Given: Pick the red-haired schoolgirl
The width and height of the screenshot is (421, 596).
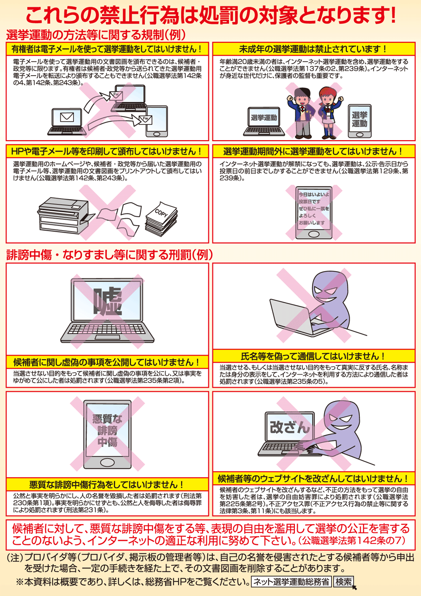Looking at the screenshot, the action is (329, 112).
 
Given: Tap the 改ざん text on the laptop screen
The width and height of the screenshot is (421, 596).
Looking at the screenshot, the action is (290, 428).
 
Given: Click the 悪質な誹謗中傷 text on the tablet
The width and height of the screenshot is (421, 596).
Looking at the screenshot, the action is (108, 430).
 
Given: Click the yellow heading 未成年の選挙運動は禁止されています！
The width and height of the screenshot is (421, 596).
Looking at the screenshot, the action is (313, 49).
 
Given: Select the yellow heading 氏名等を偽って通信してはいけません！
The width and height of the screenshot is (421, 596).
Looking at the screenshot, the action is (313, 356).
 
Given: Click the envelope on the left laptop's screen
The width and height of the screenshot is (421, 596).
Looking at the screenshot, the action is (67, 117).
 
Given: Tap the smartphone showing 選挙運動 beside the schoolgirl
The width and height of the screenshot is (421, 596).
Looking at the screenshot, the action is (360, 121).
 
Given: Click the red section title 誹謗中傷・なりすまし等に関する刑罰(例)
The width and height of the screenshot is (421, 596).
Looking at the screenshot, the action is (109, 255).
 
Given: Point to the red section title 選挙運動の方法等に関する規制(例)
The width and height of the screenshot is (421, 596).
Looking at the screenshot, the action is (96, 35).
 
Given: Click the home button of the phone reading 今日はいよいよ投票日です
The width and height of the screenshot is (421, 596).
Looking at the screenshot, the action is (313, 234).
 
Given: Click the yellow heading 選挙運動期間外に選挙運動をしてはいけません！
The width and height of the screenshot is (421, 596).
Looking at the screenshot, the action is (313, 151).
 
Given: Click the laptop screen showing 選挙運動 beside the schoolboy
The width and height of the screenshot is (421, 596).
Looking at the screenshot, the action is (264, 117).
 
